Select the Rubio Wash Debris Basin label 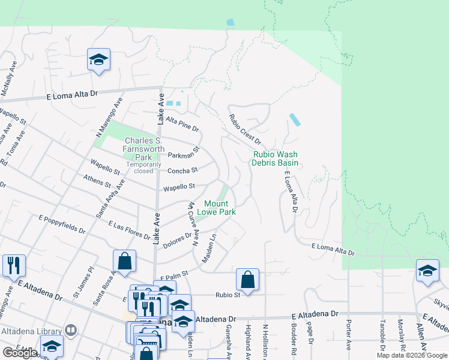pyautogui.click(x=275, y=158)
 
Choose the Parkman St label pyautogui.click(x=183, y=153)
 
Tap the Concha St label pyautogui.click(x=182, y=170)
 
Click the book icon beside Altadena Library pyautogui.click(x=71, y=331)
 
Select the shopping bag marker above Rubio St pyautogui.click(x=247, y=279)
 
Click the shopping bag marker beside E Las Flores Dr pyautogui.click(x=124, y=261)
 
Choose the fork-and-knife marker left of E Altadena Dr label pyautogui.click(x=14, y=265)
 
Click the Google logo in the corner pyautogui.click(x=20, y=353)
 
